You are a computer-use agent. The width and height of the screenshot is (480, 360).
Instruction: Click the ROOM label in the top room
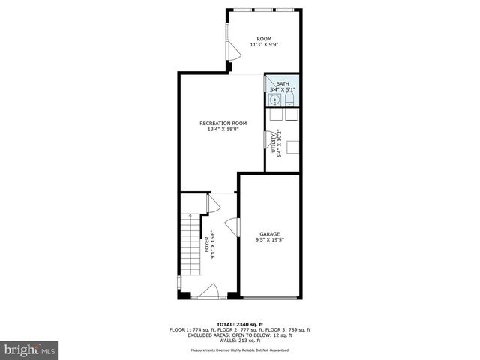click(x=264, y=39)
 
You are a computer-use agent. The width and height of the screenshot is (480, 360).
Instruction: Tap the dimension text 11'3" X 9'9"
click(x=264, y=45)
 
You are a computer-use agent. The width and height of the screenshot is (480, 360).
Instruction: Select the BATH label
click(x=282, y=84)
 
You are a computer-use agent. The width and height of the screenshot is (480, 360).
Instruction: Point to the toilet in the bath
click(x=289, y=99)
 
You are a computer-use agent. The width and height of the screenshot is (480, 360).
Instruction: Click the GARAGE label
click(x=269, y=234)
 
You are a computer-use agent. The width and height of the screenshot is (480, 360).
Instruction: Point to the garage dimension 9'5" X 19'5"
click(x=269, y=240)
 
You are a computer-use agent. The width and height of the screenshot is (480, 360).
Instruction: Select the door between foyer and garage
click(x=232, y=226)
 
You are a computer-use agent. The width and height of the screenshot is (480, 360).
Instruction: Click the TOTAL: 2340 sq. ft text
click(x=239, y=324)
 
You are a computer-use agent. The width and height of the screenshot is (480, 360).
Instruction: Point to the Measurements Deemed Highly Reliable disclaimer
click(x=239, y=349)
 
